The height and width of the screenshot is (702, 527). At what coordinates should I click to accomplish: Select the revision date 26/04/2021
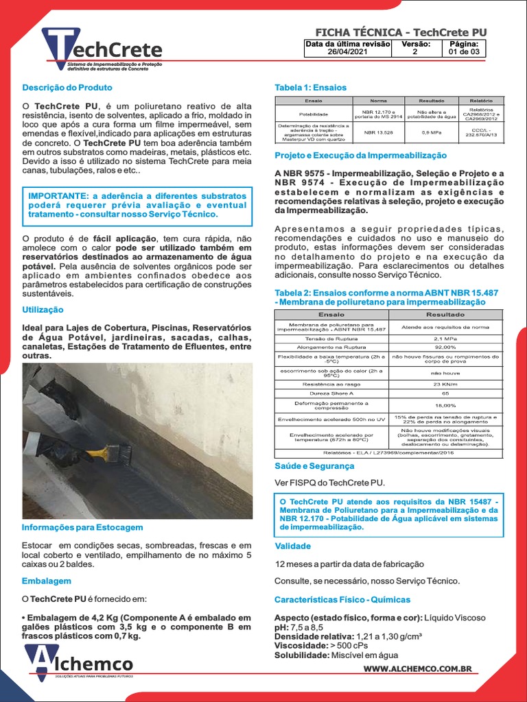tap(347, 51)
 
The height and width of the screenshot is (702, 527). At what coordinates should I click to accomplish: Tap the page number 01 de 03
tap(465, 51)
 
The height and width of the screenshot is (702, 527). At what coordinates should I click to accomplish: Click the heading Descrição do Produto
tap(67, 88)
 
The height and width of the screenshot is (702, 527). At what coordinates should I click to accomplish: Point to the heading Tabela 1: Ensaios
tap(310, 88)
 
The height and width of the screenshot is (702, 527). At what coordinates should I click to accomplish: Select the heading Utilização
tap(43, 310)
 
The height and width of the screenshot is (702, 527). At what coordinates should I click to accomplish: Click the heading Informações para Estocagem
tap(82, 527)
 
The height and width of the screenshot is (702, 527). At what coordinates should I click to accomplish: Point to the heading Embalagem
tap(47, 581)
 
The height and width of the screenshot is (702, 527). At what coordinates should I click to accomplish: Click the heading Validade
tap(292, 546)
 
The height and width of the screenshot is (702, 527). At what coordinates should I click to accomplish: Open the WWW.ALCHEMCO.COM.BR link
tap(417, 668)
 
